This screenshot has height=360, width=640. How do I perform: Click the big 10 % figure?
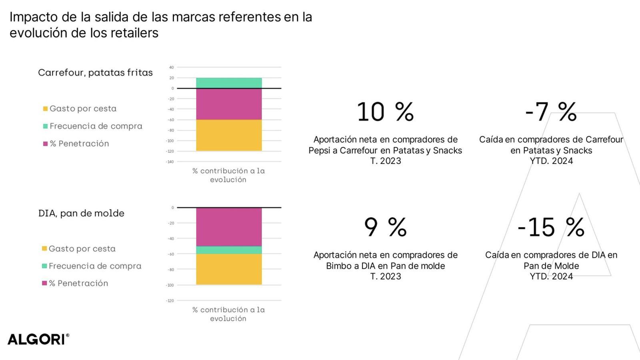point(385,112)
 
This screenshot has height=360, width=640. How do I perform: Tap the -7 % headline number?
point(551,112)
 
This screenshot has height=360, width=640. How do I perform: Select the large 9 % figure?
point(385,227)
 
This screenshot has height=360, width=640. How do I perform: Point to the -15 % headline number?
point(551,227)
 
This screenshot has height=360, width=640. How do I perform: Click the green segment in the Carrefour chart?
point(229,83)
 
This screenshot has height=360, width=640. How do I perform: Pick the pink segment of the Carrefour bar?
point(229,104)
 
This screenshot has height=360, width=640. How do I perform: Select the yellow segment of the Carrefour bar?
point(229,135)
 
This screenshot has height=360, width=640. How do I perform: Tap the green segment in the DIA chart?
point(229,250)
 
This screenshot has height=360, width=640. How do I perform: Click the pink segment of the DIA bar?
point(229,226)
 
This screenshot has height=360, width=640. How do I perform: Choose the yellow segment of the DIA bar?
point(229,269)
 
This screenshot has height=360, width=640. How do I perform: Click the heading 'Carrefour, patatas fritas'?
point(95,73)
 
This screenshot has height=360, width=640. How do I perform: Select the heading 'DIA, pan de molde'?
point(81,213)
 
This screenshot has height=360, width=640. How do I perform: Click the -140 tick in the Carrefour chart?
point(170,162)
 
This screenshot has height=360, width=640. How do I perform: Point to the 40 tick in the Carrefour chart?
point(172,67)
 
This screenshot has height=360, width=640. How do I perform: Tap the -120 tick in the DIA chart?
point(170,301)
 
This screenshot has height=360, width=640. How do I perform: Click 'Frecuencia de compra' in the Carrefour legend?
point(96,126)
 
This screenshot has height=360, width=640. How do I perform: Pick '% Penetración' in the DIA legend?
point(78,283)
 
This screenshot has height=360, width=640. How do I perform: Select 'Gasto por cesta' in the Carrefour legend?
point(83,108)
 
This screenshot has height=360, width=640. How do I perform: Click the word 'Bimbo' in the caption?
point(337,266)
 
